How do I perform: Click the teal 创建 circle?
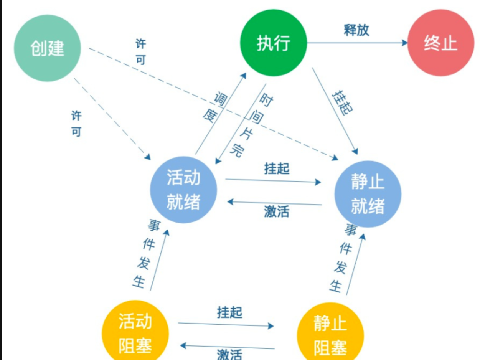pyautogui.click(x=48, y=48)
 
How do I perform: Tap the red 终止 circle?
pyautogui.click(x=440, y=43)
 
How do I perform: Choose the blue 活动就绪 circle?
pyautogui.click(x=183, y=190)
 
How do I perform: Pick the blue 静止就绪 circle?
pyautogui.click(x=368, y=194)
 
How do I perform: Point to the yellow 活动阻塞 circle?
pyautogui.click(x=135, y=332)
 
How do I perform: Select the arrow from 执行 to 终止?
pyautogui.click(x=357, y=43)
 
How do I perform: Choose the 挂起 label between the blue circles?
pyautogui.click(x=277, y=168)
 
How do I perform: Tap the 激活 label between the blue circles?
pyautogui.click(x=276, y=211)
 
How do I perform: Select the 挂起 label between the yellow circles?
pyautogui.click(x=229, y=312)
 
